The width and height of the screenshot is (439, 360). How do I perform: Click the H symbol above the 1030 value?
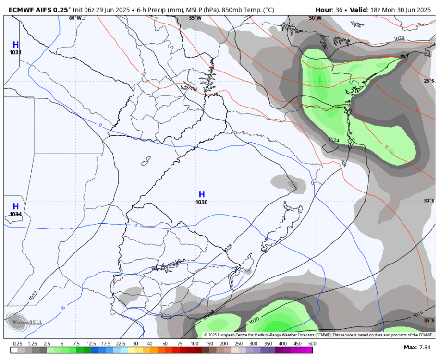pyautogui.click(x=202, y=194)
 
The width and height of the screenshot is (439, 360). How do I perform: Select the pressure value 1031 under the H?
pyautogui.click(x=15, y=52)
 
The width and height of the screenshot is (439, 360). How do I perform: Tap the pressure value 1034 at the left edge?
pyautogui.click(x=15, y=214)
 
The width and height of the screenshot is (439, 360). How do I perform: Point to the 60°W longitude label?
pyautogui.click(x=75, y=18)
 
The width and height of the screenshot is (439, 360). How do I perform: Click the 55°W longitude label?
pyautogui.click(x=195, y=18)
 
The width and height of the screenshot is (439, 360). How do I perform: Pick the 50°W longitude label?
pyautogui.click(x=315, y=18)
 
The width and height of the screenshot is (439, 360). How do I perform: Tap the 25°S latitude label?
pyautogui.click(x=428, y=81)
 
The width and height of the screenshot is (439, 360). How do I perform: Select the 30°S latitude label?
pyautogui.click(x=428, y=201)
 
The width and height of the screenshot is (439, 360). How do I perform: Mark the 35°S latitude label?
pyautogui.click(x=428, y=320)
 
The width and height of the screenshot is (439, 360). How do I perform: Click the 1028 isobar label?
pyautogui.click(x=228, y=248)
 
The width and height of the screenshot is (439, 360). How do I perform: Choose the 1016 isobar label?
pyautogui.click(x=418, y=315)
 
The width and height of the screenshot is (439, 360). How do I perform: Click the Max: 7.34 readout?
pyautogui.click(x=417, y=347)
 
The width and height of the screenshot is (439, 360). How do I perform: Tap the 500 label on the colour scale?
pyautogui.click(x=313, y=344)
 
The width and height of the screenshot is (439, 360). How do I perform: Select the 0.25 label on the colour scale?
pyautogui.click(x=18, y=344)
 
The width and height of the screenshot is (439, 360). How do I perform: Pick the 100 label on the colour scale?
pyautogui.click(x=195, y=344)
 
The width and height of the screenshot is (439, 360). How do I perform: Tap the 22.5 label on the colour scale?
pyautogui.click(x=121, y=344)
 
